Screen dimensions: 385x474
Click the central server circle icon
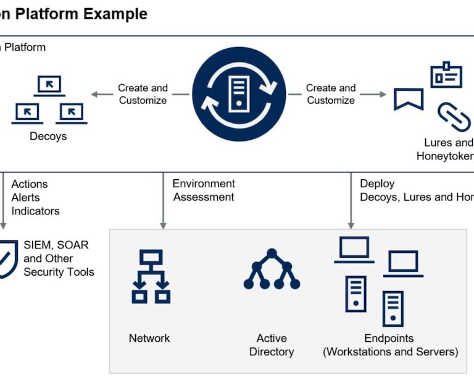point(239,94)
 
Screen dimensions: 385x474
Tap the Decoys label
point(48,136)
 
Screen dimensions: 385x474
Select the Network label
point(149,338)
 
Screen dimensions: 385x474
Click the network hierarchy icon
point(151,276)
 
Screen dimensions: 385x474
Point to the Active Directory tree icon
point(272,269)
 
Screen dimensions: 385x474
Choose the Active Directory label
point(272,345)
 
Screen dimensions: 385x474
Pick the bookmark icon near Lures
point(409,99)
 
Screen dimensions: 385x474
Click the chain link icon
point(454,117)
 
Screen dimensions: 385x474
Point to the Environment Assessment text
point(204,190)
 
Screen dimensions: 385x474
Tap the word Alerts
point(25,197)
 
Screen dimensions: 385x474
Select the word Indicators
point(36,211)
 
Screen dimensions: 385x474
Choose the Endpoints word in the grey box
point(389,338)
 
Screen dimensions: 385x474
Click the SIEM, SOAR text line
point(56,245)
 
